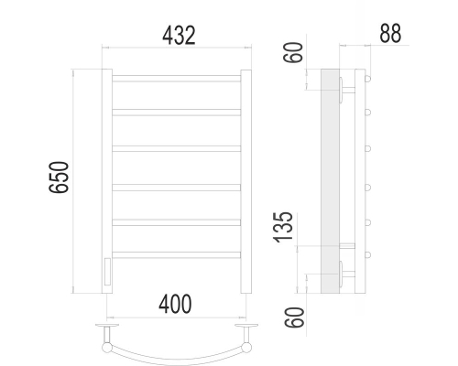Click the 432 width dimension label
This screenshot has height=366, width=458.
[179, 36]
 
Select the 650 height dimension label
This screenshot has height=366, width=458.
[59, 178]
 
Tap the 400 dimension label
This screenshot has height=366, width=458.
[175, 304]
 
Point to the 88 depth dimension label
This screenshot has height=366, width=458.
[390, 33]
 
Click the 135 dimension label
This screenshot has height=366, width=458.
[283, 228]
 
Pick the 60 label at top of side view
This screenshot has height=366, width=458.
[293, 53]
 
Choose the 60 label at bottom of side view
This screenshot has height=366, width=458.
[294, 318]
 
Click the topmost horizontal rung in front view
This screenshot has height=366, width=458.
[177, 79]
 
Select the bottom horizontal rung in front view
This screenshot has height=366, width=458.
[177, 255]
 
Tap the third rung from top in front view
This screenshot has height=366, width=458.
[177, 148]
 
